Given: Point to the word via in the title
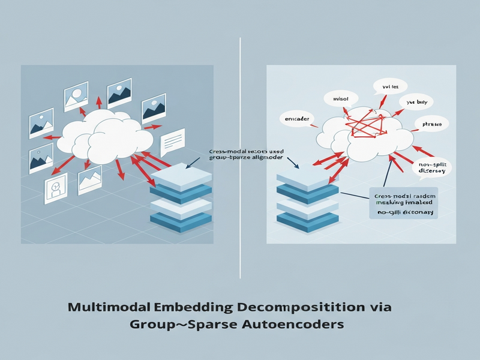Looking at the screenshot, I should pyautogui.click(x=380, y=308).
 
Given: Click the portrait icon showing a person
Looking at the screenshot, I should pyautogui.click(x=55, y=190).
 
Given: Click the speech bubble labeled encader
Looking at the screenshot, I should pyautogui.click(x=297, y=120).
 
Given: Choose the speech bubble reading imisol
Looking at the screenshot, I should pyautogui.click(x=332, y=98).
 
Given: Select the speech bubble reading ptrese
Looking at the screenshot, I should pyautogui.click(x=433, y=125).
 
